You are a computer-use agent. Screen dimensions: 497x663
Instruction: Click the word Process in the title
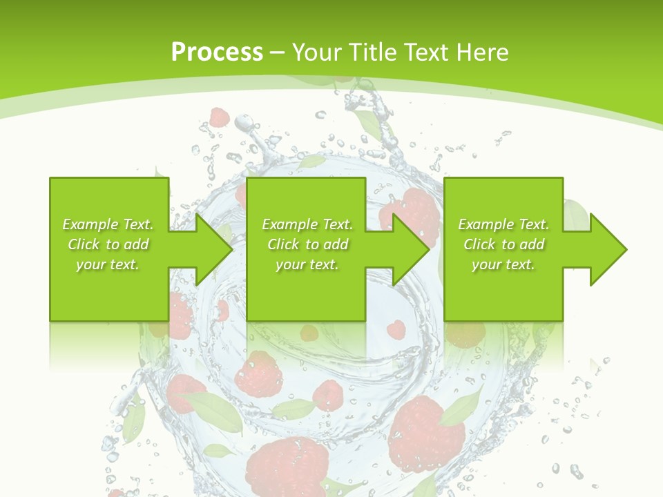click(x=217, y=52)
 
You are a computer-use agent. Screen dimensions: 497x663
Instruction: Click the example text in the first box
click(x=108, y=244)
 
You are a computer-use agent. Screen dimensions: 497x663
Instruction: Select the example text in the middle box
click(x=307, y=244)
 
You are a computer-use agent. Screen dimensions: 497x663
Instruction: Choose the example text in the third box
click(x=503, y=244)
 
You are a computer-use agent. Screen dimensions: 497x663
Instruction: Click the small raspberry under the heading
click(x=220, y=117)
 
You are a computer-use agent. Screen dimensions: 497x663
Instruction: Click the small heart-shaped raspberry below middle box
click(x=395, y=329)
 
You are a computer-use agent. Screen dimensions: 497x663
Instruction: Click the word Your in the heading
click(x=316, y=52)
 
